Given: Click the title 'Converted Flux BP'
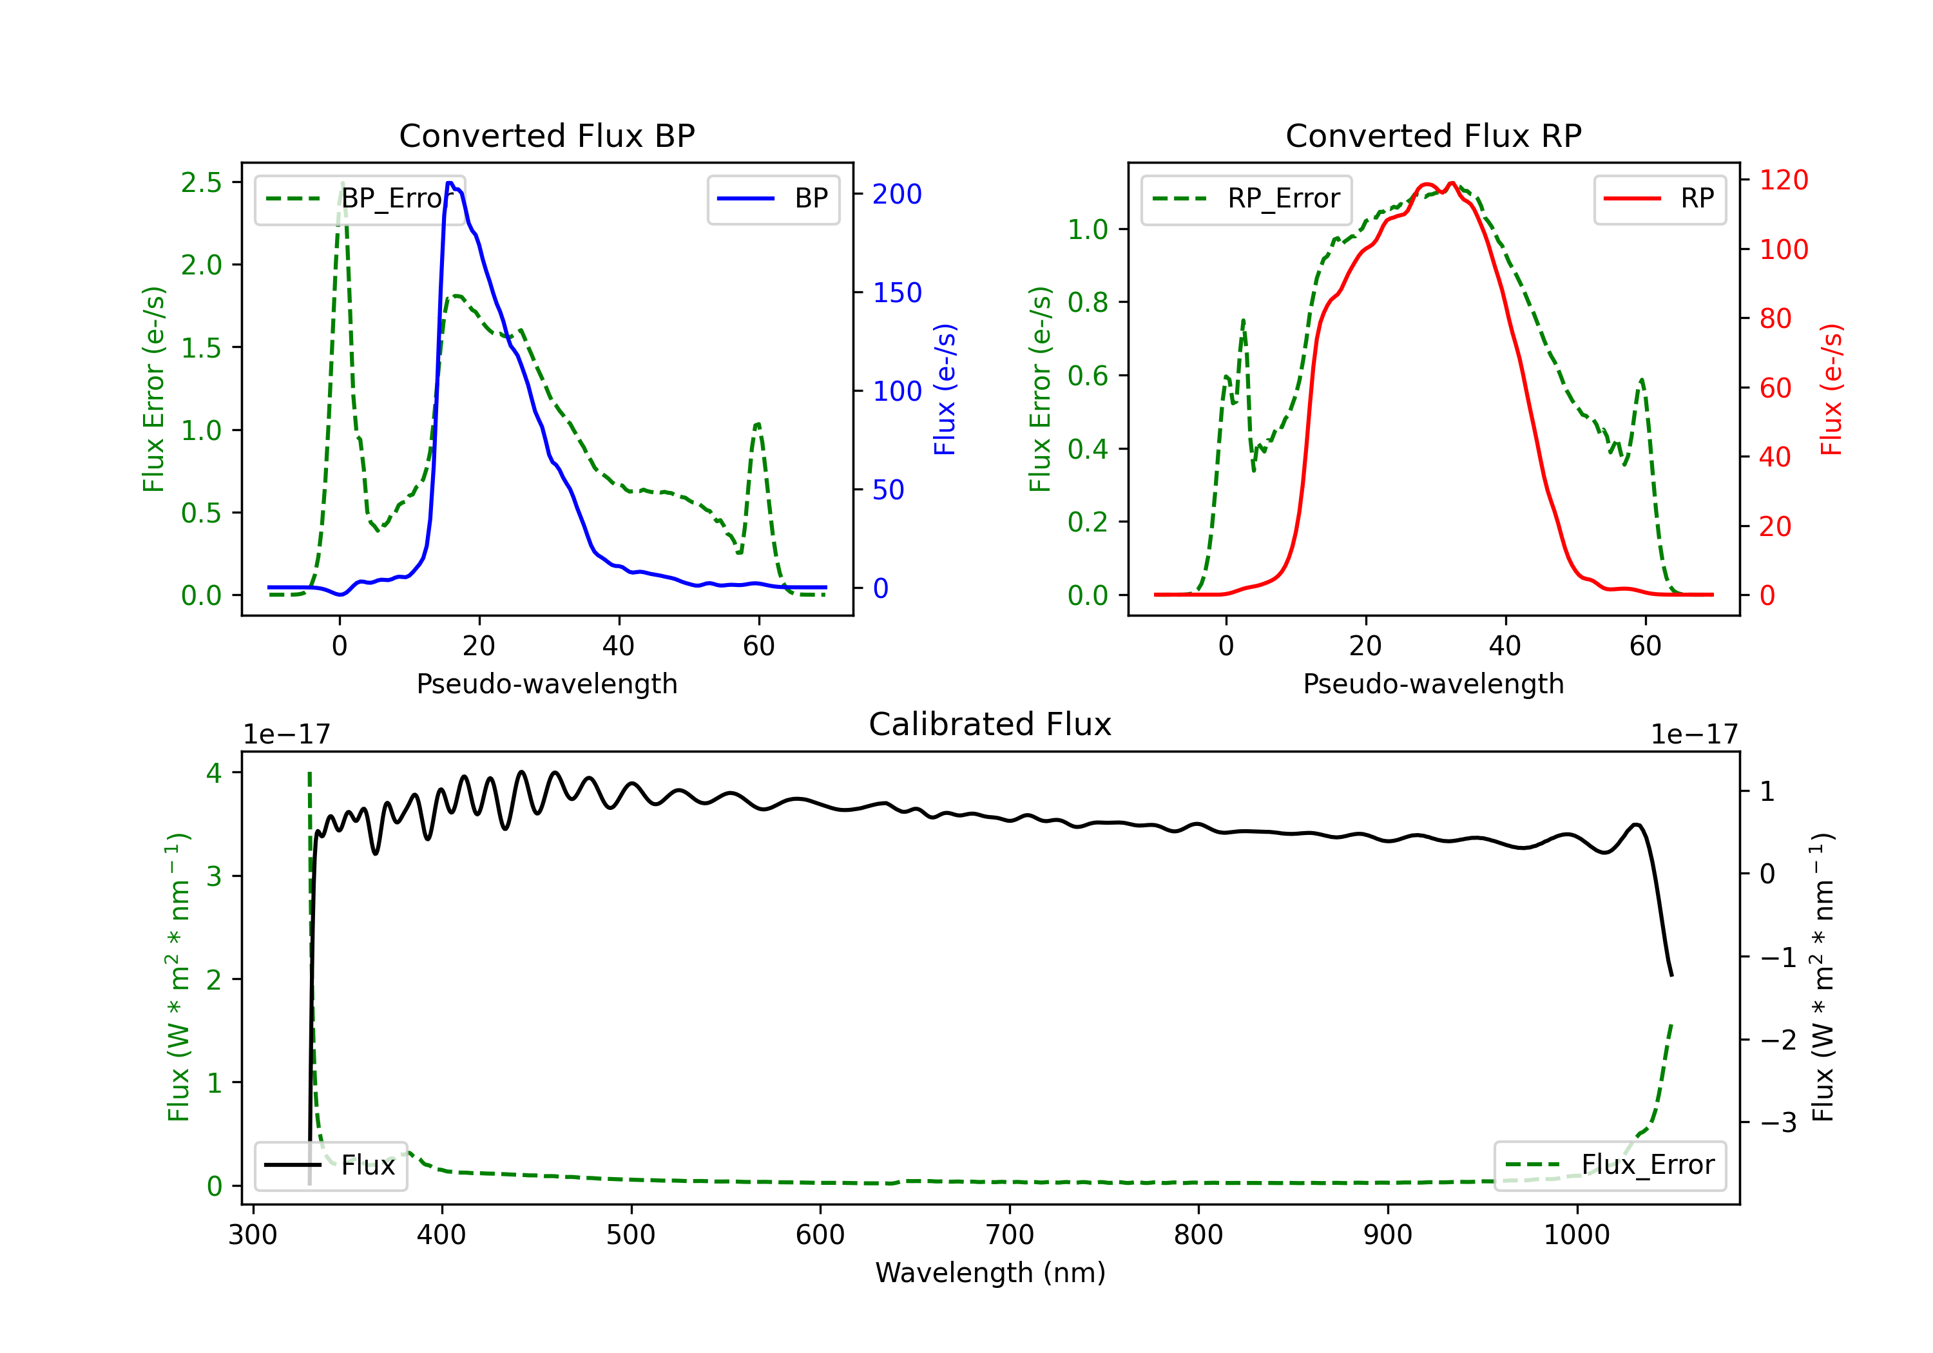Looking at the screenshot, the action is [546, 135].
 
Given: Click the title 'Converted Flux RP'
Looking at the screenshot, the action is [1433, 135].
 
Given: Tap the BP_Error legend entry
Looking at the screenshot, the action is [360, 198].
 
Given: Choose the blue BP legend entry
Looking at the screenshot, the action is [773, 198].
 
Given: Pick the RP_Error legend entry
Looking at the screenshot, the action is [1246, 198].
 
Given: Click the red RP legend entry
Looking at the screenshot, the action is [1659, 198].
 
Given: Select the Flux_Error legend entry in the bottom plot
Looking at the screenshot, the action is [1609, 1166].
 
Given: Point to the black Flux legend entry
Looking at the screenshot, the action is [330, 1166].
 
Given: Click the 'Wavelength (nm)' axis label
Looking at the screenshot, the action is [990, 1272].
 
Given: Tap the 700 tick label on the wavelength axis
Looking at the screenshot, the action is [1010, 1234].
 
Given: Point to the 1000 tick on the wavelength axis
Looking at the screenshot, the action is [1577, 1234].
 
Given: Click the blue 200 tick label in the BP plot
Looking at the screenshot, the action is [897, 195].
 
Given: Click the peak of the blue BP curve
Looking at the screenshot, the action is [450, 183].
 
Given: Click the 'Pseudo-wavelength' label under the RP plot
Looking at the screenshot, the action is [1433, 684].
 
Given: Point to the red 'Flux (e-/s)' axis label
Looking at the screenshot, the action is [1831, 389].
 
